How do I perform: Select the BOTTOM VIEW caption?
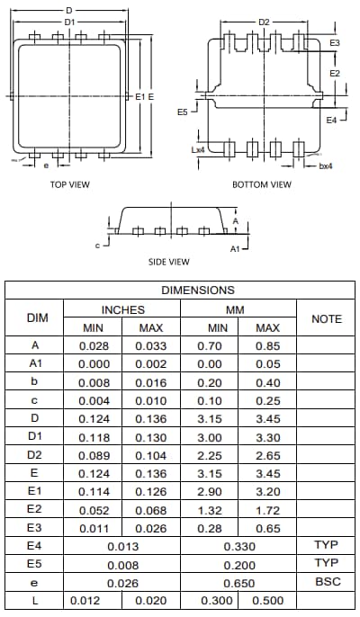tap(262, 184)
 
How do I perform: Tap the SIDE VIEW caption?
tap(168, 262)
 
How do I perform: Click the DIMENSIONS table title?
tap(198, 291)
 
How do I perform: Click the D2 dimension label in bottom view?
tap(264, 22)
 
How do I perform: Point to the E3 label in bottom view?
tap(335, 43)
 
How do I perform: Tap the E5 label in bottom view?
tap(182, 112)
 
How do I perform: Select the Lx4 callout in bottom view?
tap(198, 150)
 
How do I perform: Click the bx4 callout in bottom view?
tap(326, 165)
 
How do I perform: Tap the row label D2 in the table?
tap(35, 454)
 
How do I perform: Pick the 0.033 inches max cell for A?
tap(151, 345)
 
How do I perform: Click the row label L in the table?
tap(35, 600)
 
